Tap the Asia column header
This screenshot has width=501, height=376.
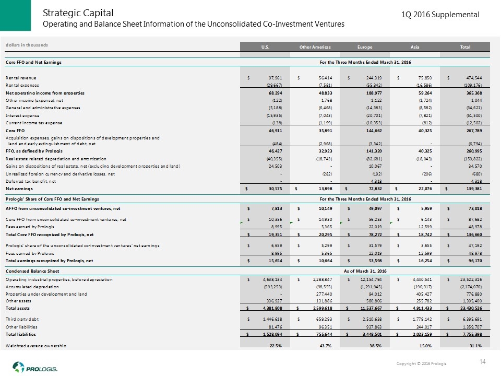point(415,48)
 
